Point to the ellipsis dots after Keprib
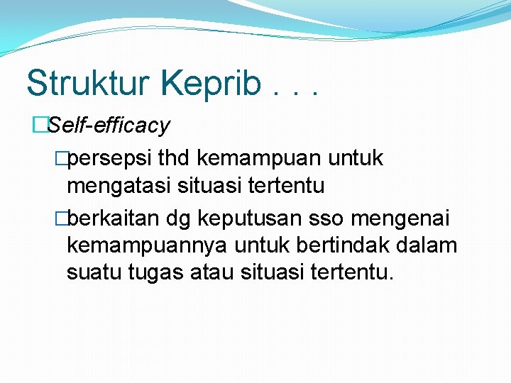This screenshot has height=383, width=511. click(294, 92)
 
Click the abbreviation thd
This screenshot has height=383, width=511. click(178, 158)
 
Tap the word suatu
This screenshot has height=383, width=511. click(92, 272)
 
